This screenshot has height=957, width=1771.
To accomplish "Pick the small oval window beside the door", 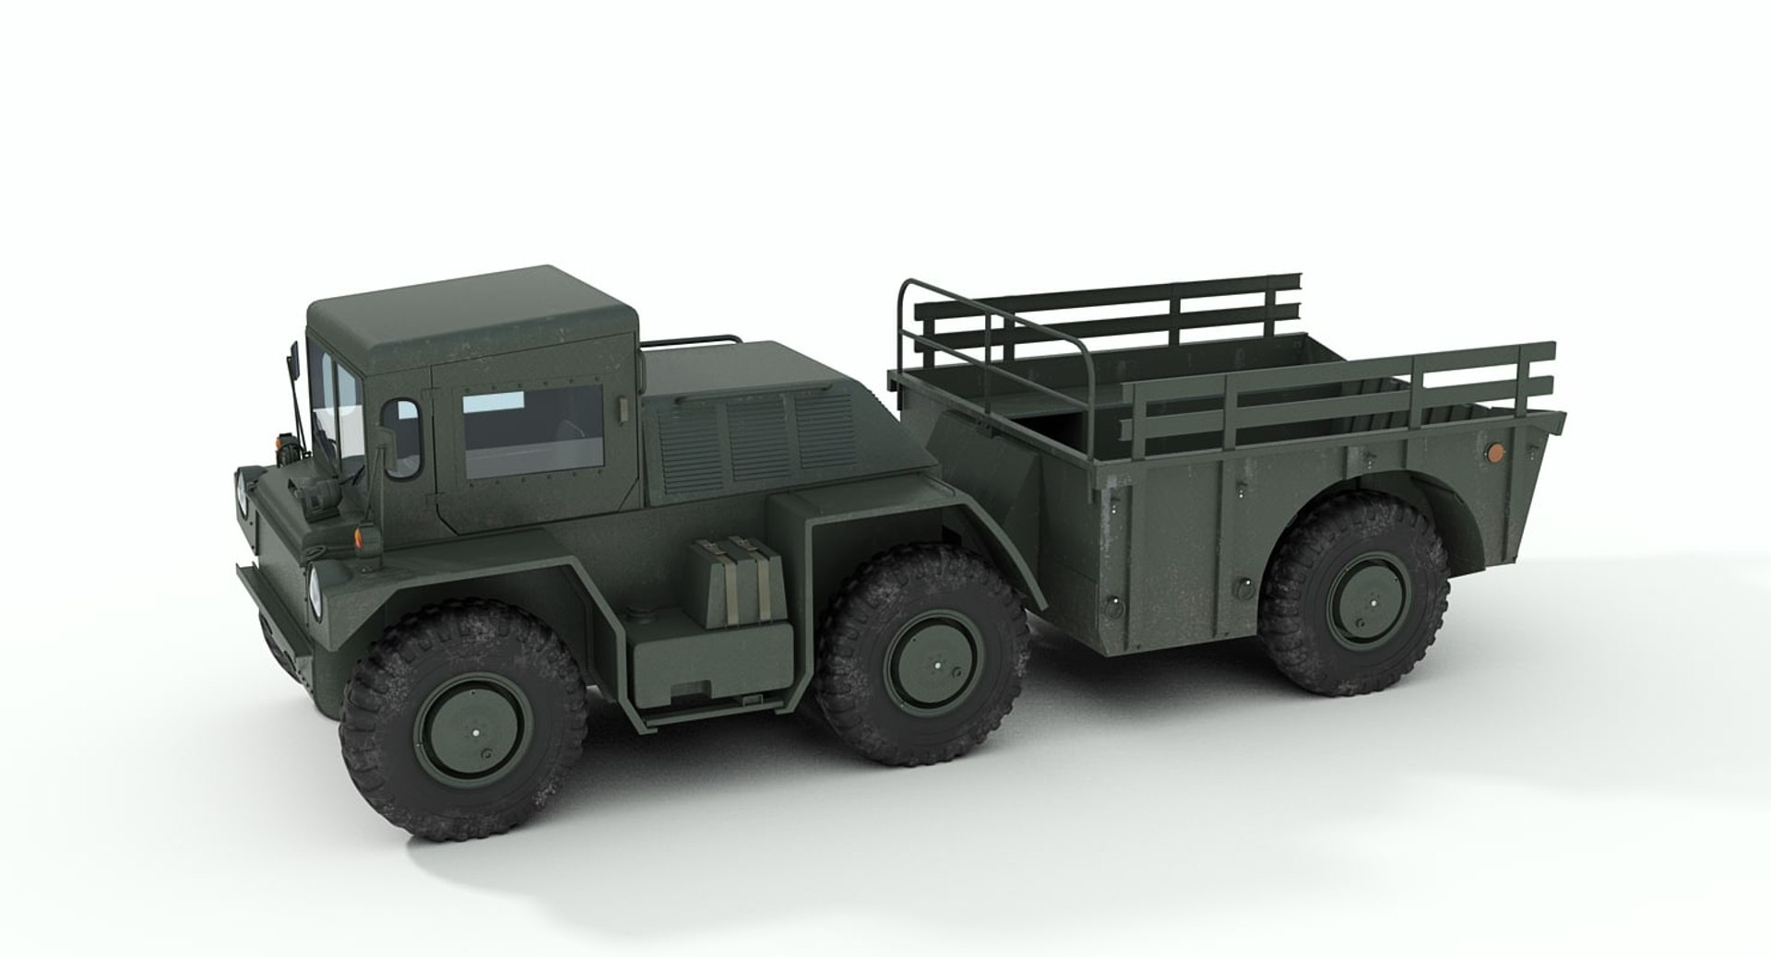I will pyautogui.click(x=402, y=437).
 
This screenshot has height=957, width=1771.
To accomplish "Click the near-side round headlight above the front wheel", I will pyautogui.click(x=315, y=583).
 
